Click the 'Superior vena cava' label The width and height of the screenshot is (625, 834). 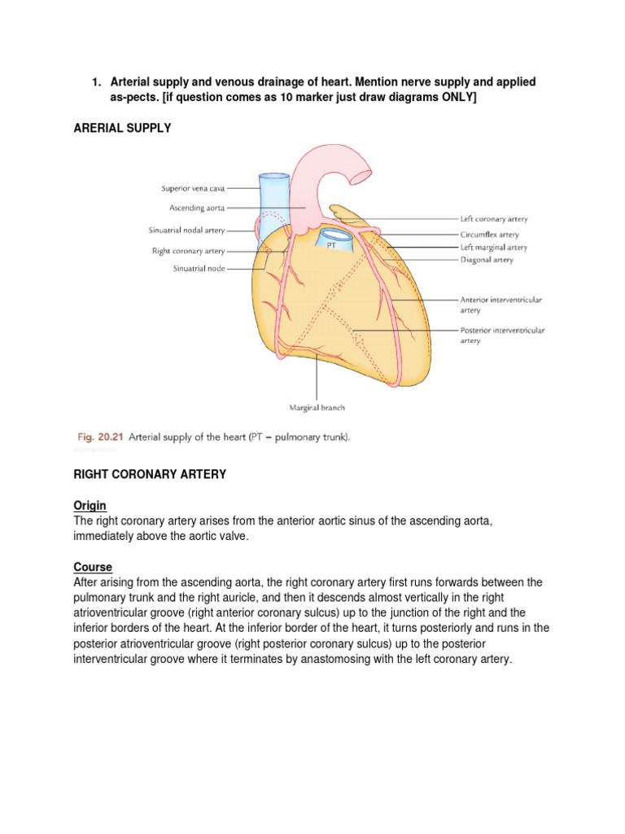click(198, 188)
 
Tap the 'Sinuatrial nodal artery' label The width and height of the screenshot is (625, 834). click(187, 230)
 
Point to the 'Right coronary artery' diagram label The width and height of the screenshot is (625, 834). click(188, 251)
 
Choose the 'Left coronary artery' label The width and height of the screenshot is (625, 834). click(493, 219)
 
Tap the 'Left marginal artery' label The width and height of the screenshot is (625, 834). click(493, 247)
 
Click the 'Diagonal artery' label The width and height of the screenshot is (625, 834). click(487, 261)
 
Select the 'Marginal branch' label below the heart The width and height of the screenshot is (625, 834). click(317, 408)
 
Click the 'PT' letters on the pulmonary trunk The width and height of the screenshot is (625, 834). click(331, 244)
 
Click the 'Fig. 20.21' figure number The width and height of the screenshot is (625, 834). click(98, 437)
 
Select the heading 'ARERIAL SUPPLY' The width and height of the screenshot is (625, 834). click(123, 129)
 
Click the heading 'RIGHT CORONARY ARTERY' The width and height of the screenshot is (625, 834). click(150, 474)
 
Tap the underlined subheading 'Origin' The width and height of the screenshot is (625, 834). click(90, 506)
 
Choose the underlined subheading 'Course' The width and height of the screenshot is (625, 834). click(93, 567)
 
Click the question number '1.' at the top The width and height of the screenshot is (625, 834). click(96, 83)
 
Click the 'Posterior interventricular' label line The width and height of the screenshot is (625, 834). click(502, 331)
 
